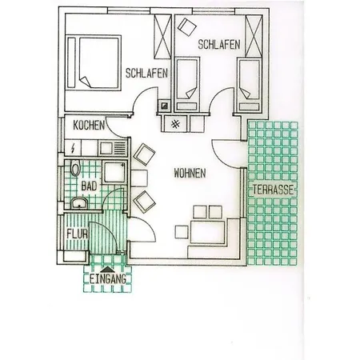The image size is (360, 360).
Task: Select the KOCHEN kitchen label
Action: [89, 126]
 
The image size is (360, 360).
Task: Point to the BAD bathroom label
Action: [89, 185]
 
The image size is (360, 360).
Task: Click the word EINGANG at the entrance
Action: [108, 279]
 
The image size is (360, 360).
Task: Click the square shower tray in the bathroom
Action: [112, 172]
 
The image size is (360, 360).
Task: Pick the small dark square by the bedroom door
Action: [165, 105]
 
